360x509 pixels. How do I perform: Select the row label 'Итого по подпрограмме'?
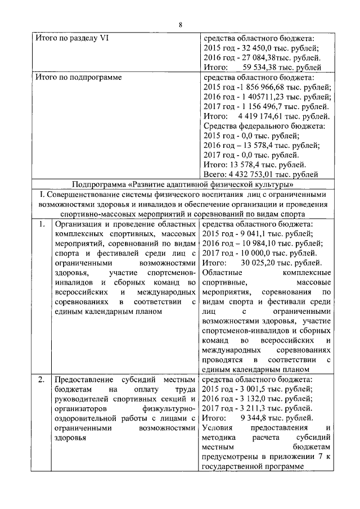(78, 76)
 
